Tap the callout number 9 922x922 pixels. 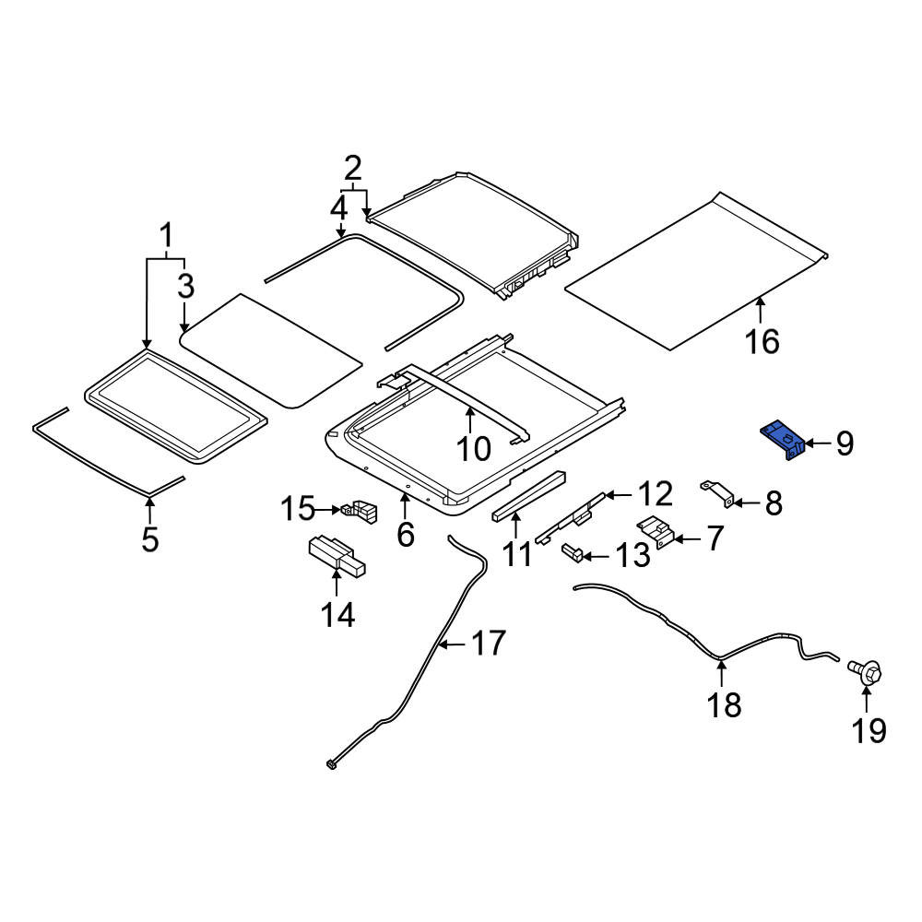tap(845, 443)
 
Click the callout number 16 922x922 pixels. tap(762, 341)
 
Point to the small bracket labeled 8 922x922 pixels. tap(717, 492)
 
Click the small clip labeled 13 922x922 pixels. tap(573, 552)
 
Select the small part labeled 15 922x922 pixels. tap(358, 511)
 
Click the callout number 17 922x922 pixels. tap(489, 644)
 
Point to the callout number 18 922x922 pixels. tap(724, 704)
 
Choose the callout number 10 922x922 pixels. tap(473, 449)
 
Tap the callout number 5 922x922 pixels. tap(150, 538)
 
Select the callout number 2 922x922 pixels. tap(352, 169)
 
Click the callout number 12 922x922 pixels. tap(655, 494)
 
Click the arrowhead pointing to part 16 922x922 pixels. tap(760, 301)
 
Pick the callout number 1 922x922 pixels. tap(167, 236)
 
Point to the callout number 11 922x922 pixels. tap(517, 554)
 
